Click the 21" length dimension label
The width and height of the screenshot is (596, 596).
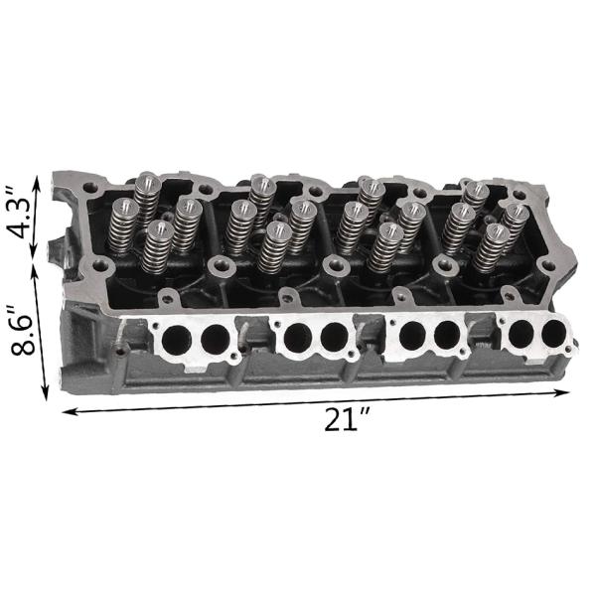347,419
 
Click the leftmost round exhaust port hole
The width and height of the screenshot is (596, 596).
176,339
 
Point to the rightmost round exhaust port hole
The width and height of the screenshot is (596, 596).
554,334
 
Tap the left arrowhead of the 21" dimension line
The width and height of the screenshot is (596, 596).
70,411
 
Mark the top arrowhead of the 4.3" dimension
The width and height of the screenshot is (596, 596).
37,183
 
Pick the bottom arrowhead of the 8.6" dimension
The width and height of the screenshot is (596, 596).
46,391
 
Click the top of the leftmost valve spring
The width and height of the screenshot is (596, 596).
126,208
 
